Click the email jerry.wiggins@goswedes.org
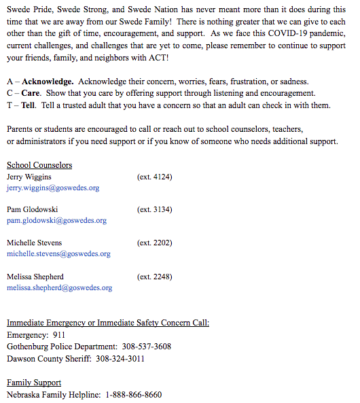click(x=53, y=188)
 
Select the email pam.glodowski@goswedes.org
click(x=56, y=221)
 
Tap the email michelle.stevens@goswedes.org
click(x=58, y=253)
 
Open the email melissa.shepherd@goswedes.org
click(x=59, y=287)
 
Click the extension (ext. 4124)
click(x=154, y=177)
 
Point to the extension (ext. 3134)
click(x=154, y=210)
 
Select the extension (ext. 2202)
click(x=154, y=243)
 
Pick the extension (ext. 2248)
click(x=154, y=277)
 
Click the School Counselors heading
click(x=39, y=165)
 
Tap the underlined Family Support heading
click(x=34, y=383)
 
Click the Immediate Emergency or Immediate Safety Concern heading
click(x=108, y=322)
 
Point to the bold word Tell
click(x=29, y=105)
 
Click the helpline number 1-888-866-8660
click(x=133, y=394)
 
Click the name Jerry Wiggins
click(x=29, y=177)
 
